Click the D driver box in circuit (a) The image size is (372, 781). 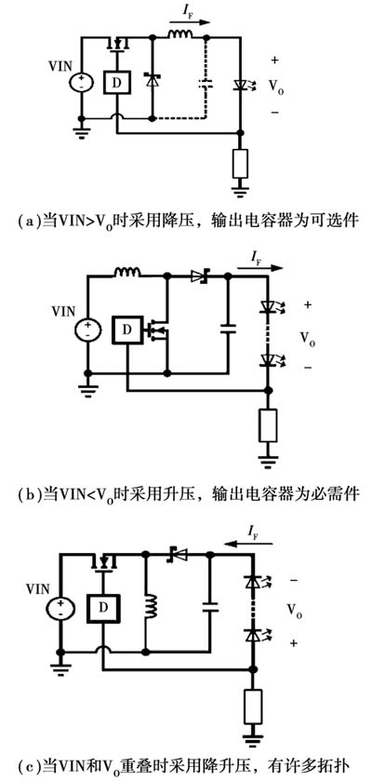(x=116, y=82)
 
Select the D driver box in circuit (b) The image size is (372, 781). (x=127, y=330)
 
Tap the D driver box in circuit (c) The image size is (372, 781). (x=102, y=608)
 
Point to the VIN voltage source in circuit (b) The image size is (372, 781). (x=88, y=330)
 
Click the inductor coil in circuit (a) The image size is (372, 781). (x=179, y=34)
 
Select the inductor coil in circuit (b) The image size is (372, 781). (x=127, y=272)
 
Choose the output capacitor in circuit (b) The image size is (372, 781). (x=228, y=329)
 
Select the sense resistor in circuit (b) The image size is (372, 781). (x=268, y=424)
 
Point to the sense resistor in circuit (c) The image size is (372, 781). (x=253, y=707)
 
